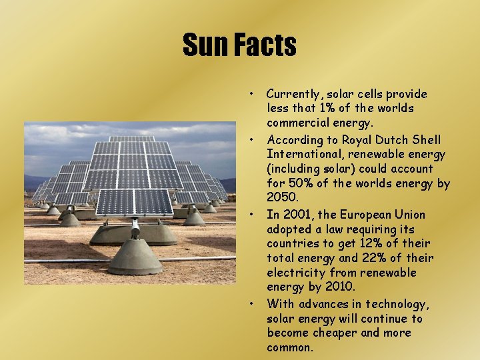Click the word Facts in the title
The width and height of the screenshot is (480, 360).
265,45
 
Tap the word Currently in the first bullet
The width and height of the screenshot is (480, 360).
293,94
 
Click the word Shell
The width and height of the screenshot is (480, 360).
427,140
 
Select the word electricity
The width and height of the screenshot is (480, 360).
296,273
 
